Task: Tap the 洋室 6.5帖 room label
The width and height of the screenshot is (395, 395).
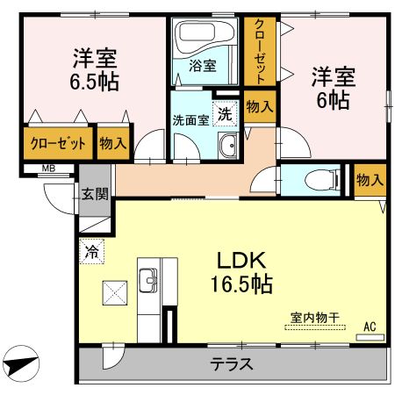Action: click(96, 69)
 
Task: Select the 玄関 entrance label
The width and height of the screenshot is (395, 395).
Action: click(95, 194)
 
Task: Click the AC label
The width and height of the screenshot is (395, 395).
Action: click(370, 327)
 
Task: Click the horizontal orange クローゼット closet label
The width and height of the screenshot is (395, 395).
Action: click(58, 143)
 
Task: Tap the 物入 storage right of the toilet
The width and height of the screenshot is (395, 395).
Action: click(370, 179)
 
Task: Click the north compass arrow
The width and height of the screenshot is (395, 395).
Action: click(21, 362)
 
